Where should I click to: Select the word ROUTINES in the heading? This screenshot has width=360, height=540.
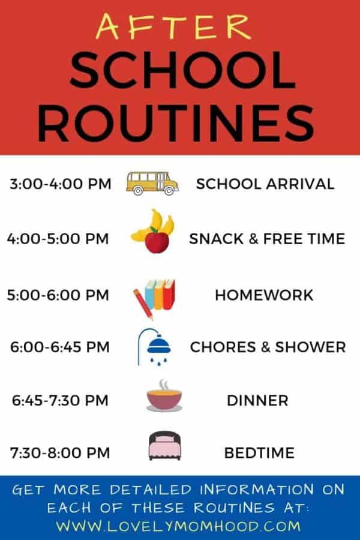coord(179,124)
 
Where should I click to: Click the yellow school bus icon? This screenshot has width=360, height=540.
coord(152,182)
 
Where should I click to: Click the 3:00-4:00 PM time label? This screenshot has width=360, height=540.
coord(60,184)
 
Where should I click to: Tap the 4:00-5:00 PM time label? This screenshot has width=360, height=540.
coord(58,239)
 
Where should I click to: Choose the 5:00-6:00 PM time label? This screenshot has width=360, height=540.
coord(58,295)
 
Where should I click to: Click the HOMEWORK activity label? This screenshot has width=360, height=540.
coord(264,295)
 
